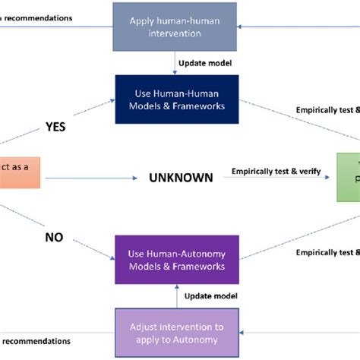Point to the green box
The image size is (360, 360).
coord(347,179)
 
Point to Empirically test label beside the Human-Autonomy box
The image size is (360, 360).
coord(327,252)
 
